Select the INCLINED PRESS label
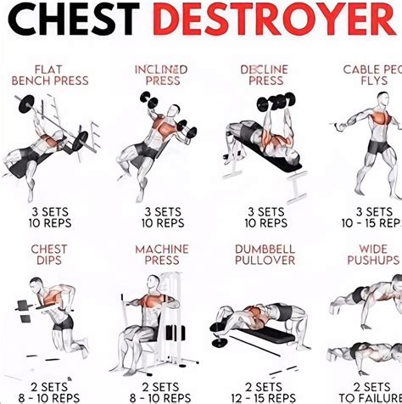click(161, 75)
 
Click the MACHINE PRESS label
click(161, 255)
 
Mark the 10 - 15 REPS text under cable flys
click(371, 223)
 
